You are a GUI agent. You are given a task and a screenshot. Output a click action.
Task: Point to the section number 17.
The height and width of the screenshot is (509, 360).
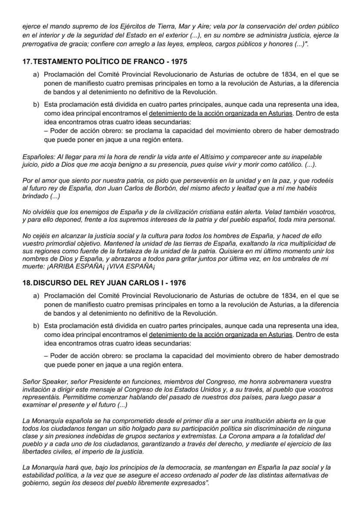pyautogui.click(x=26, y=62)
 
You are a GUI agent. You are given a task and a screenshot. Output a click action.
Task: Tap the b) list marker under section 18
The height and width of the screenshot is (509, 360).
pyautogui.click(x=36, y=326)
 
